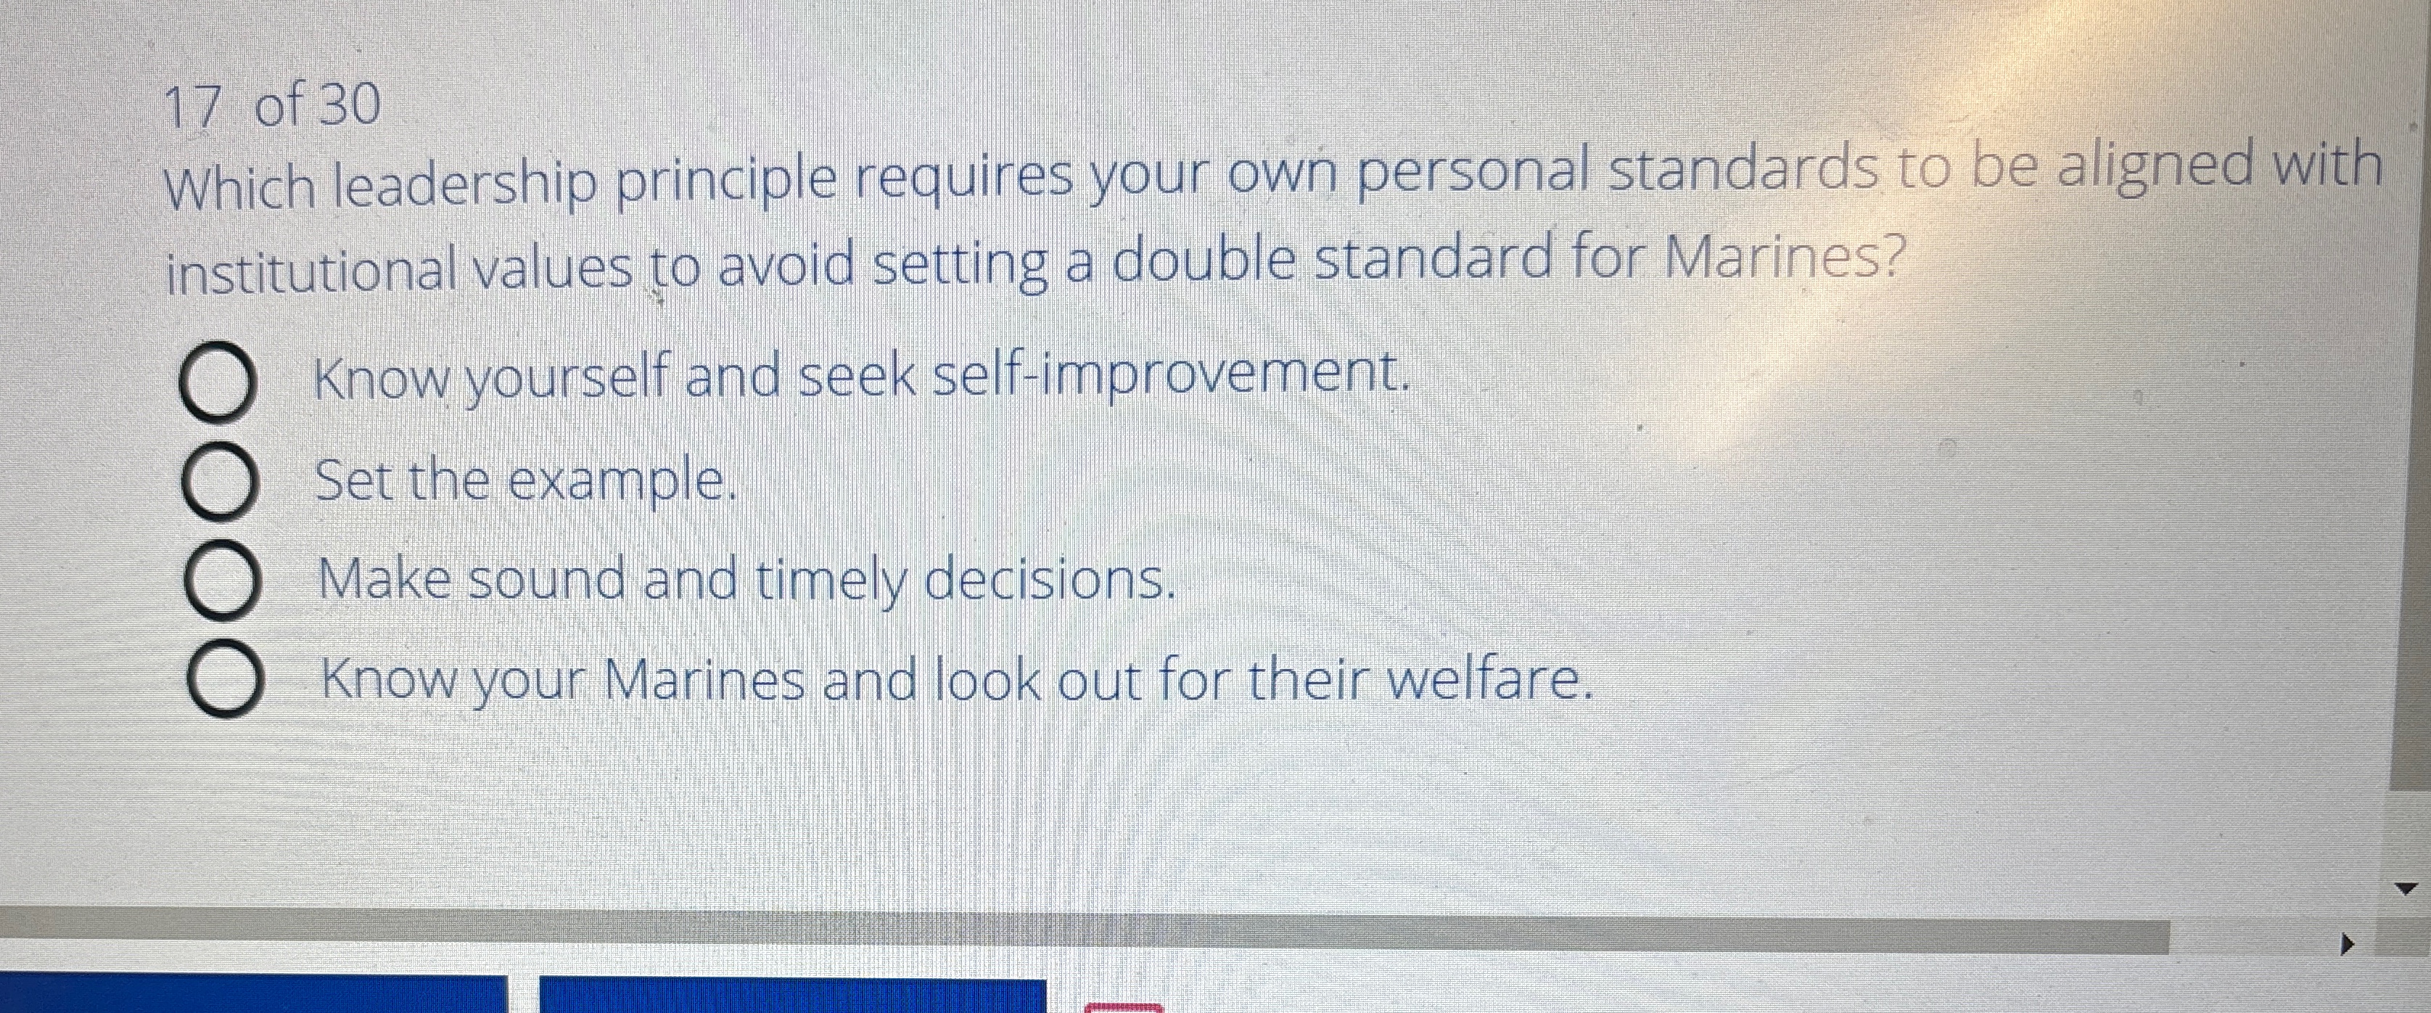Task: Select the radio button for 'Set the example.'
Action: pos(218,484)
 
